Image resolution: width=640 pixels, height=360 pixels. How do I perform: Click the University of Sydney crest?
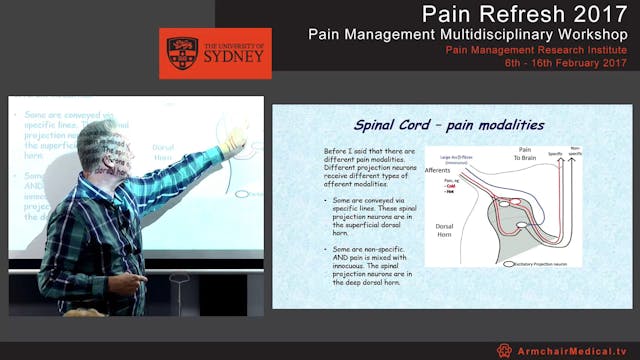[181, 53]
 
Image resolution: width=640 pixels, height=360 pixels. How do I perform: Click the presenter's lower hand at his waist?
[121, 284]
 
